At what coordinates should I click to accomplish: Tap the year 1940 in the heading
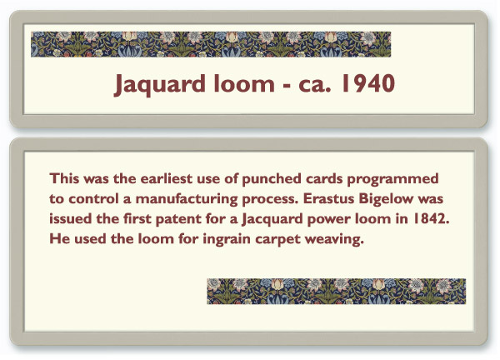click(368, 83)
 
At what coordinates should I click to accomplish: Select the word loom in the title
click(244, 82)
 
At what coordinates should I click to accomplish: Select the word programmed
click(392, 179)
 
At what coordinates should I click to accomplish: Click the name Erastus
click(329, 198)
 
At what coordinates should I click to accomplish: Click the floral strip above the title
click(211, 44)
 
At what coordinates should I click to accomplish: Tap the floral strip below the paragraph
click(337, 291)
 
